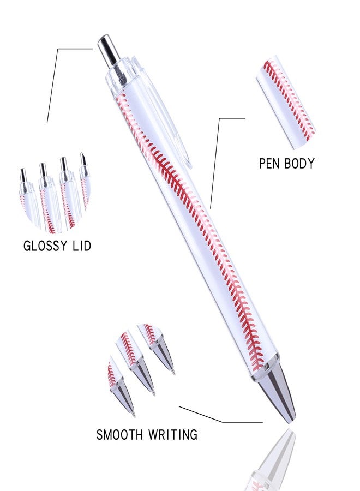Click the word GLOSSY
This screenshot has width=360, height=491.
pos(45,246)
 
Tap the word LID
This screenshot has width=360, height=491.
pos(82,246)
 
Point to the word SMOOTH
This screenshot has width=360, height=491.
pos(119,435)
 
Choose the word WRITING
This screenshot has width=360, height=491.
pos(172,435)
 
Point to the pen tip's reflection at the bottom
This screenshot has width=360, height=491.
pos(275,460)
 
